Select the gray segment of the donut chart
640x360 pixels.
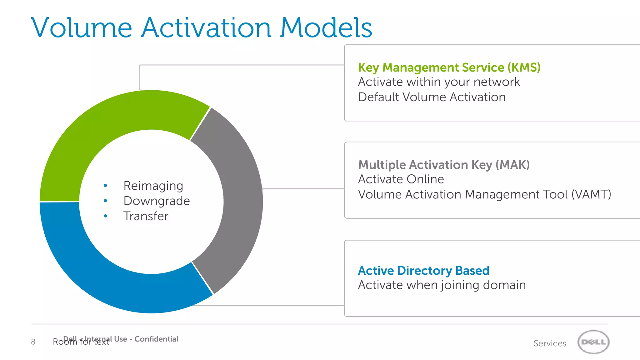(x=242, y=200)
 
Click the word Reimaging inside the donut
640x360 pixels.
(x=153, y=186)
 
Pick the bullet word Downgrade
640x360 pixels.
(x=157, y=201)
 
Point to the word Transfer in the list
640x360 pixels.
(x=146, y=216)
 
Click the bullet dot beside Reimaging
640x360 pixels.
(x=105, y=186)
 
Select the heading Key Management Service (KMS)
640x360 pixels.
(x=449, y=67)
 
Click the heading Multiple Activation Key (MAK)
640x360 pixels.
(x=444, y=165)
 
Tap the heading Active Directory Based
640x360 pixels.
(x=423, y=271)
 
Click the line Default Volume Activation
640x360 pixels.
(x=432, y=97)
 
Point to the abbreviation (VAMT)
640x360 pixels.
(x=591, y=194)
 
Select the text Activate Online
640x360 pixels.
(x=401, y=179)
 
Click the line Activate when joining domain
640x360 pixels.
(x=442, y=285)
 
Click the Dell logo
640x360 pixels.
(x=593, y=342)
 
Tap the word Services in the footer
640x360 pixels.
(x=550, y=343)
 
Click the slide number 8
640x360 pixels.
(x=33, y=342)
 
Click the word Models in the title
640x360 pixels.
(x=326, y=28)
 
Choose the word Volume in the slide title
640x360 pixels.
(x=82, y=28)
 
